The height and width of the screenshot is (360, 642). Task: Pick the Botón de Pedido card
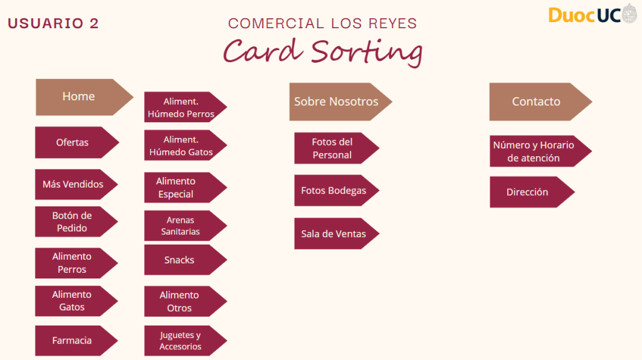pos(73,221)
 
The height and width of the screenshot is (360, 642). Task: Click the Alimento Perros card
pos(73,263)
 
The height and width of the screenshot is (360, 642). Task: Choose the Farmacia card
pos(73,341)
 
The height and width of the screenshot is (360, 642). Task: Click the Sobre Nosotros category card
pos(337,102)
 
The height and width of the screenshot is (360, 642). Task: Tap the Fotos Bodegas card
pos(334,191)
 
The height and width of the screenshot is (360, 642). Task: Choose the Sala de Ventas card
pos(334,234)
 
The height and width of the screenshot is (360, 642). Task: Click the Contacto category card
pos(537,102)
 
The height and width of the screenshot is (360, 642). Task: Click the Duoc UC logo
pos(592,14)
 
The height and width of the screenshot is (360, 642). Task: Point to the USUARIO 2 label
pos(53,24)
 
